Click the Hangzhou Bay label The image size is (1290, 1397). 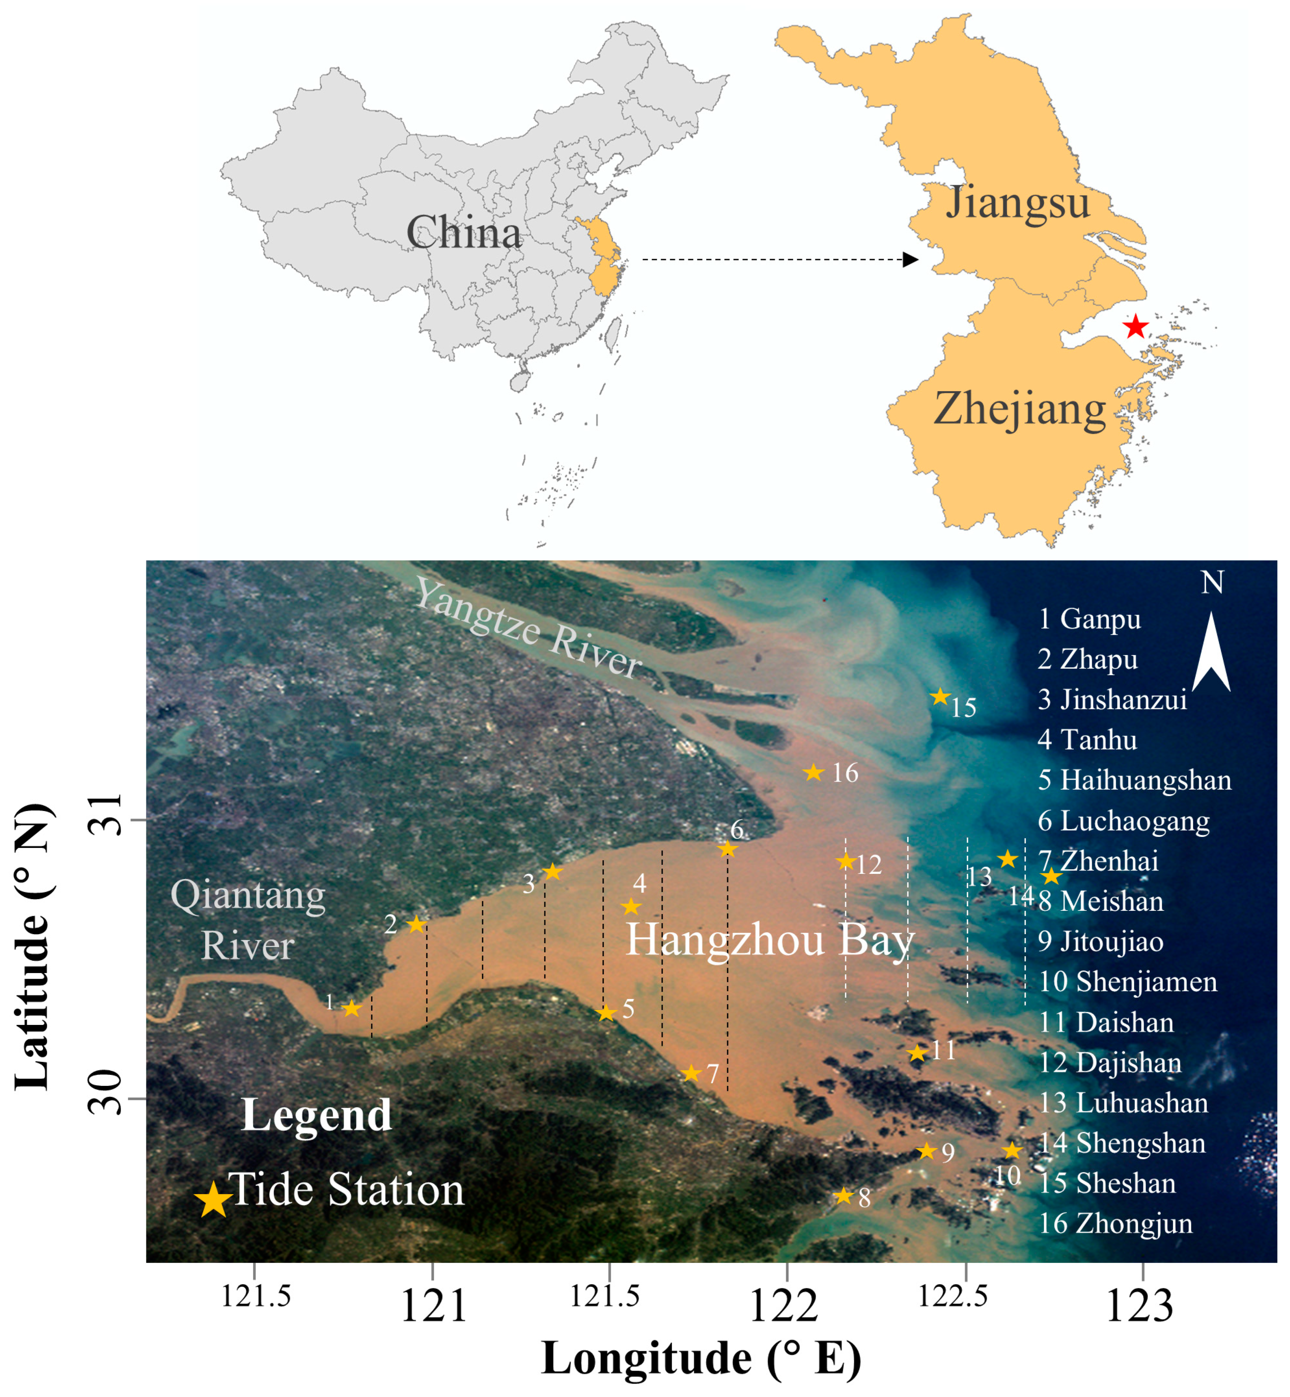coord(769,940)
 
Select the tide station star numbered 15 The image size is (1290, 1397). coord(940,697)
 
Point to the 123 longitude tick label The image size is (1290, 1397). coord(1140,1306)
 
